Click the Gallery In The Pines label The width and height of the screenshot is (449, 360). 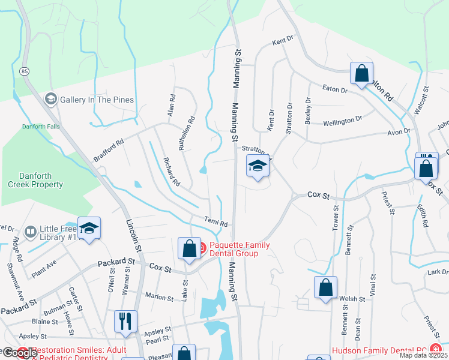tap(97, 100)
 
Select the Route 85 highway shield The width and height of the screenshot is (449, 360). tap(24, 71)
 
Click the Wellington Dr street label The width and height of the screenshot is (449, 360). tap(343, 119)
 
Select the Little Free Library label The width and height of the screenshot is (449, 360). tap(60, 233)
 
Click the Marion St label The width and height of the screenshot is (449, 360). tap(158, 296)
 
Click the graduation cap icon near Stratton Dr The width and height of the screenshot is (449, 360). tap(258, 166)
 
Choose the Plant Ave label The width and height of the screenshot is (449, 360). tap(44, 268)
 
